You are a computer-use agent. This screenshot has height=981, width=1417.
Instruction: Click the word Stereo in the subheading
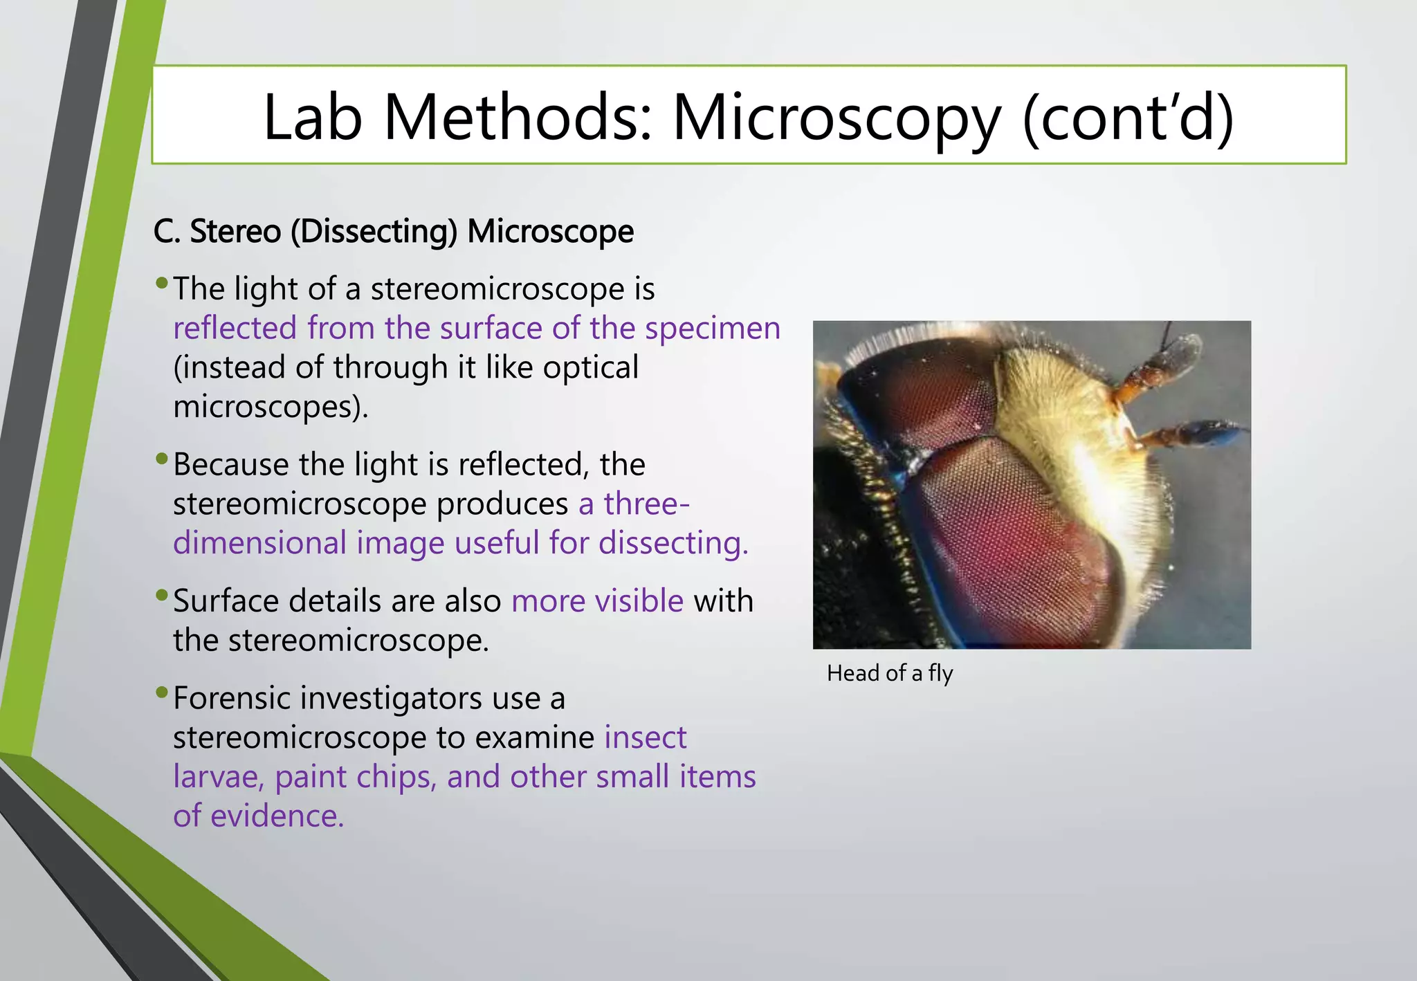tap(235, 232)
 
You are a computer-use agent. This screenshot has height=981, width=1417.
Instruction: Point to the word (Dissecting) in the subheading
tap(374, 232)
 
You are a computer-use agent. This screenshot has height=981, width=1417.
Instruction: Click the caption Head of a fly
tap(890, 673)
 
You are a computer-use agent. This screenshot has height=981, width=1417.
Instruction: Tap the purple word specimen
tap(713, 329)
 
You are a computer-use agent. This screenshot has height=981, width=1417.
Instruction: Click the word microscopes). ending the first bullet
tap(271, 407)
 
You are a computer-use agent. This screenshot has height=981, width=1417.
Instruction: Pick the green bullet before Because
tap(162, 459)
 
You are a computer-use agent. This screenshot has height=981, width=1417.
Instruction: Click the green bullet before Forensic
tap(162, 693)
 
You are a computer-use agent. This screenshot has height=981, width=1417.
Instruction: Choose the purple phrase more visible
tap(597, 601)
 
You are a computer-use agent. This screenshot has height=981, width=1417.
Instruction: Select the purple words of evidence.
tap(258, 816)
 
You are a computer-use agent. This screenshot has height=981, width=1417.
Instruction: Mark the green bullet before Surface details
tap(162, 595)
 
